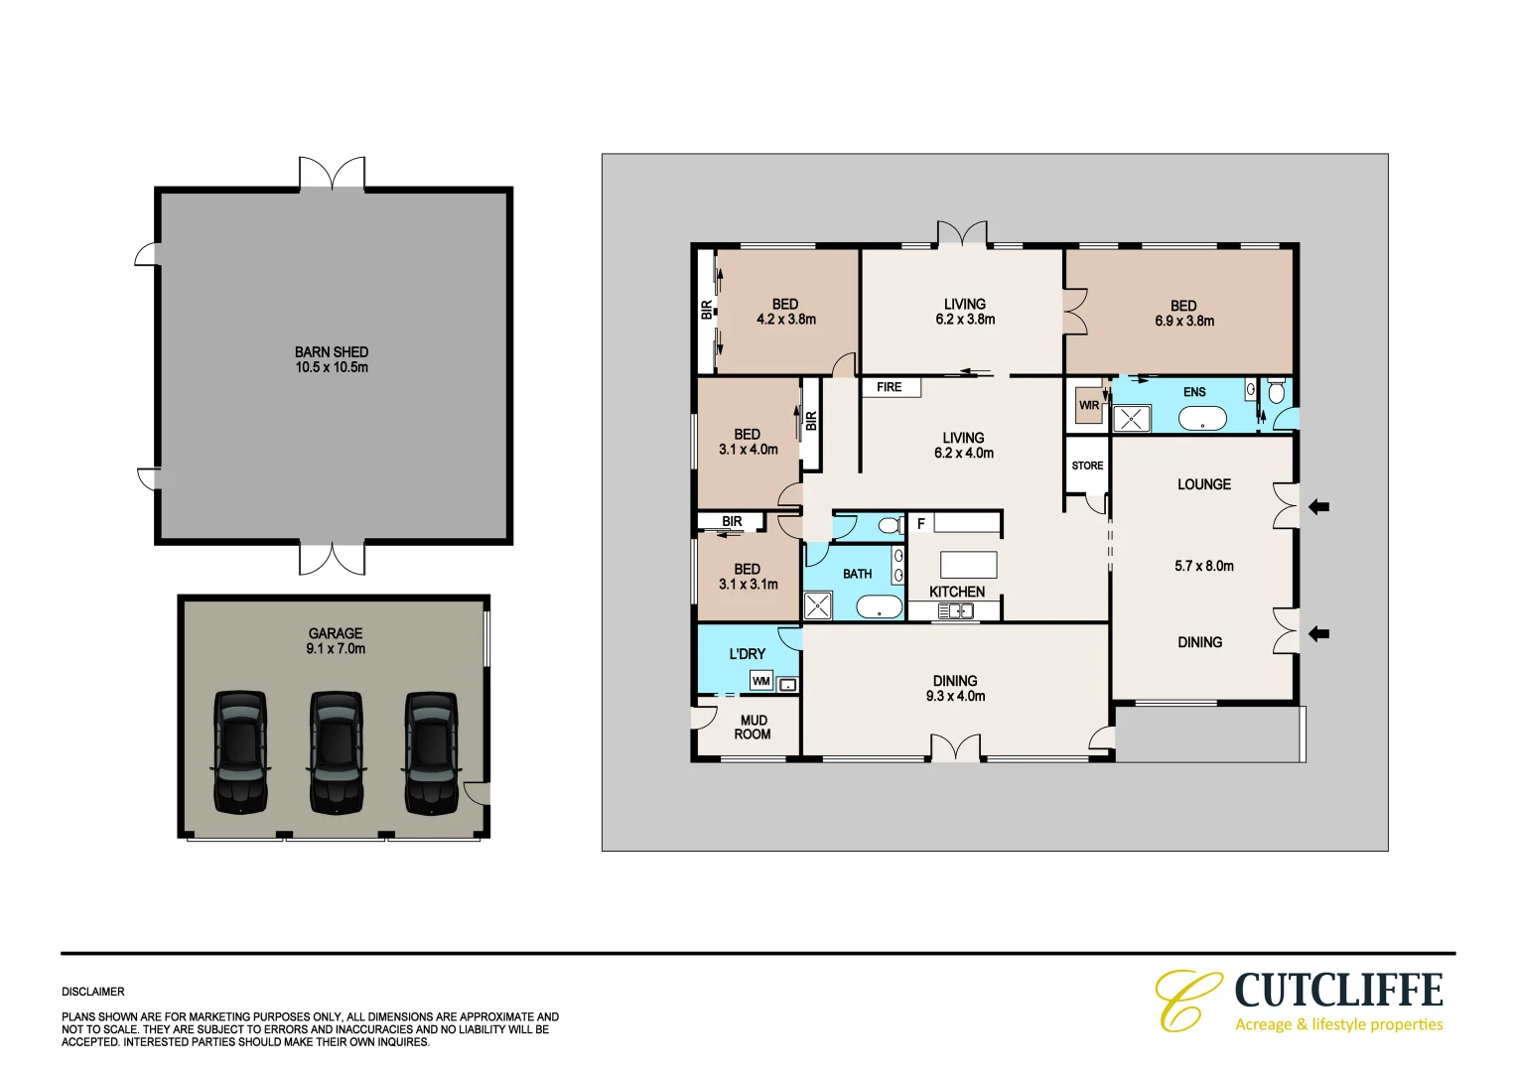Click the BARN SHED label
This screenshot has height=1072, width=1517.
tap(332, 352)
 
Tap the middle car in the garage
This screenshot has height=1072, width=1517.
tap(336, 752)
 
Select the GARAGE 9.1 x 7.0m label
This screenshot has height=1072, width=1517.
tap(336, 641)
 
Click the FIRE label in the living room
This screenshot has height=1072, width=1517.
tap(890, 387)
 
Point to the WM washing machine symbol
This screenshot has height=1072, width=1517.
tap(761, 681)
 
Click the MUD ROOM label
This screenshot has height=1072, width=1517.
tap(753, 728)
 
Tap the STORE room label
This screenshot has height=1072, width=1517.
tap(1087, 466)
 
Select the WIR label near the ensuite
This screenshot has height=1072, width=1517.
tap(1089, 405)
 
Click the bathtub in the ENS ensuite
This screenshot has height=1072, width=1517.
tap(1202, 419)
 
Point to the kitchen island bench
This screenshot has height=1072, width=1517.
tap(969, 565)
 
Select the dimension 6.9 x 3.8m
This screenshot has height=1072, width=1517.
tap(1184, 322)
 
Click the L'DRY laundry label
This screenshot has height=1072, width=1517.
tap(748, 654)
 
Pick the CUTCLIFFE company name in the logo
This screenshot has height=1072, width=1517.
tap(1338, 991)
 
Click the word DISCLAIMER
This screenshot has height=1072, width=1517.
tap(93, 992)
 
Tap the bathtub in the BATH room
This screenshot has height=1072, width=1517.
tap(879, 607)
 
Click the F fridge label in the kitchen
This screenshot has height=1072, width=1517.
tap(921, 523)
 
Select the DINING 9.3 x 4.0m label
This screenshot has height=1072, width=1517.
tap(955, 689)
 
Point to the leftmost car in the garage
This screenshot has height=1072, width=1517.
tap(240, 752)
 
